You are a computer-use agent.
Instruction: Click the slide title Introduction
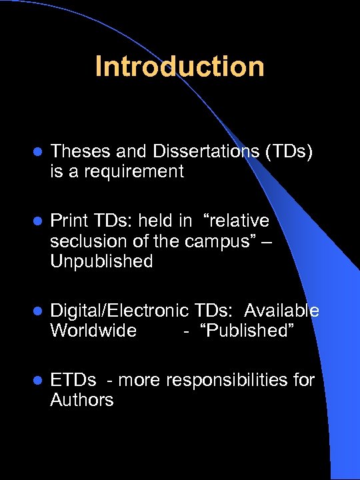179,67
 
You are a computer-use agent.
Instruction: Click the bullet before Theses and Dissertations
37,153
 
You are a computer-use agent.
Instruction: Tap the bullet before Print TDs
37,221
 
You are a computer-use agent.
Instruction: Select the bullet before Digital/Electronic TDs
37,311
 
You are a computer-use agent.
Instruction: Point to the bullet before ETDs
37,381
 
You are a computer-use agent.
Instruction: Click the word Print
69,221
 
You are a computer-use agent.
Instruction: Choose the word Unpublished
101,261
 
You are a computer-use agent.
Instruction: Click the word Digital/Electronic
120,311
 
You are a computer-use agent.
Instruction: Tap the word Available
281,311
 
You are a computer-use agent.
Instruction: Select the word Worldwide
93,331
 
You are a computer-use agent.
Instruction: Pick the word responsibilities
231,380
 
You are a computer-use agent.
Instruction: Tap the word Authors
82,400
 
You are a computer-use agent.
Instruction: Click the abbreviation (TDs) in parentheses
289,152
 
